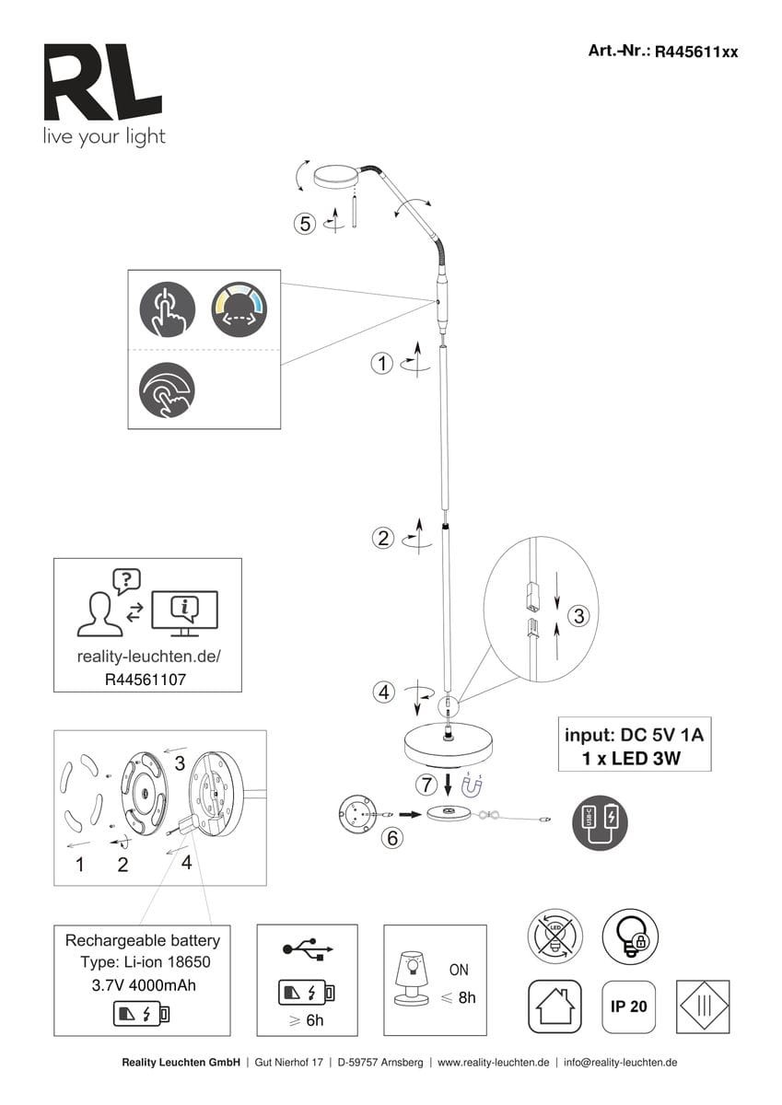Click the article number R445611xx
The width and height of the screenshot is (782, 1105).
pyautogui.click(x=695, y=52)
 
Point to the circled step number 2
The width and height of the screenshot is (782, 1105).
pyautogui.click(x=383, y=539)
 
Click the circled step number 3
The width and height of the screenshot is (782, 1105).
pyautogui.click(x=578, y=616)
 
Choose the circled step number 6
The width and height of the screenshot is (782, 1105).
pyautogui.click(x=391, y=838)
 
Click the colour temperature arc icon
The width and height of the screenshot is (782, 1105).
pyautogui.click(x=239, y=308)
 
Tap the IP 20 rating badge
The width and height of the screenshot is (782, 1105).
pyautogui.click(x=629, y=1006)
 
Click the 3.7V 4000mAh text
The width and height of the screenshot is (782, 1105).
pyautogui.click(x=143, y=985)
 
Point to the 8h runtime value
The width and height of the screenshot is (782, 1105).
pyautogui.click(x=466, y=997)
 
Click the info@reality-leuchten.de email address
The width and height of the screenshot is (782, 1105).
pyautogui.click(x=621, y=1062)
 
